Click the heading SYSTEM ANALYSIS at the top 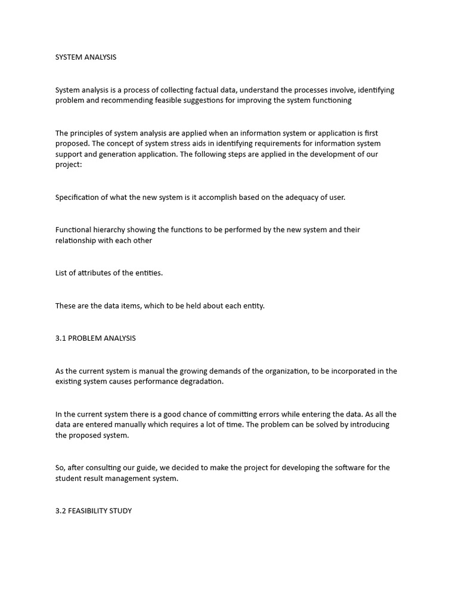86,57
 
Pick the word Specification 77,198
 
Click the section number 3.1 61,338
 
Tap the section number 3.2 61,511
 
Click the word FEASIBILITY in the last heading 87,511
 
